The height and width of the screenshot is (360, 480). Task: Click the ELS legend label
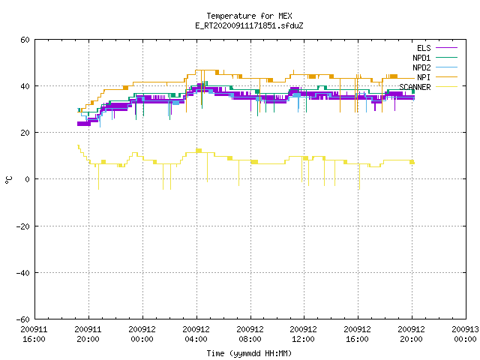(424, 48)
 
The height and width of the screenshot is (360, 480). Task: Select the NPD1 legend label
(421, 58)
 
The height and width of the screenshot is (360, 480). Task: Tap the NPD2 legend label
(421, 67)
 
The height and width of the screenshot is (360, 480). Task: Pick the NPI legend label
(424, 77)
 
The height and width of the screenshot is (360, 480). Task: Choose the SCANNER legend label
(415, 87)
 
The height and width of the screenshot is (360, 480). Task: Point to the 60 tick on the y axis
(25, 40)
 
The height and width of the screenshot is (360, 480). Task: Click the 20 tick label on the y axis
(25, 133)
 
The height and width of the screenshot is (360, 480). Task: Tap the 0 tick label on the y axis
(28, 179)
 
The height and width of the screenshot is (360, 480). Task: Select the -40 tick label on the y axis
(23, 273)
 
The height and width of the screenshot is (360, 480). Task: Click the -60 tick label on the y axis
(23, 319)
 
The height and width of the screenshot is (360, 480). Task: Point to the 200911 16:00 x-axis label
(34, 334)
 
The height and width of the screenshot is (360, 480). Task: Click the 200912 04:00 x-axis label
(196, 334)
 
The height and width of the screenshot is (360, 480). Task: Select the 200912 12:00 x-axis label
(303, 334)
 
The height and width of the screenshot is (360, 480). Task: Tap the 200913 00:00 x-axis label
(465, 334)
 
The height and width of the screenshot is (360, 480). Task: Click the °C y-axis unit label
(8, 180)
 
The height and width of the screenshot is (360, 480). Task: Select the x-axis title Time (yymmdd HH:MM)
(249, 353)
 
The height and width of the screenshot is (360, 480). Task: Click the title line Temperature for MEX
(249, 16)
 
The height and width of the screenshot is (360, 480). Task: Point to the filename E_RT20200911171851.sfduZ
(249, 25)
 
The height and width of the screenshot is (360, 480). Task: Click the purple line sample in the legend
(446, 48)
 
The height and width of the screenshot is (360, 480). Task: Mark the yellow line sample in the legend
(446, 87)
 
